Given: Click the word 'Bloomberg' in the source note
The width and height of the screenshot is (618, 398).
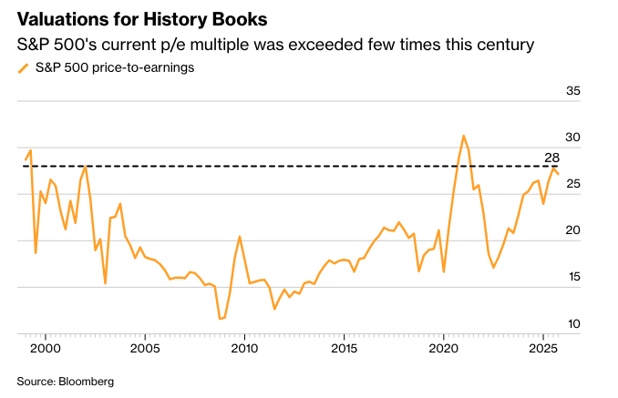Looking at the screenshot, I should (88, 382).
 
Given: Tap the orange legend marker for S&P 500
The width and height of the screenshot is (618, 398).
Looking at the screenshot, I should (24, 67).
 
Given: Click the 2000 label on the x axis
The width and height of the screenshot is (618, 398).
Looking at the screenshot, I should (46, 349).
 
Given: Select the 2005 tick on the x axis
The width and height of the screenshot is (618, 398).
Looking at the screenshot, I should (145, 349).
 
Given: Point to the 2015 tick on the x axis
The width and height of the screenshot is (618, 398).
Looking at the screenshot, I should (344, 349).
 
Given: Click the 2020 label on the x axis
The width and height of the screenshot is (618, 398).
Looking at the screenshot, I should (444, 349).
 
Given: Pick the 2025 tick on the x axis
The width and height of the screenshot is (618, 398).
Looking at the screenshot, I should (543, 349).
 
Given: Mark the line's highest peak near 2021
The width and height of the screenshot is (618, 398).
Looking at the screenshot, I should (464, 136).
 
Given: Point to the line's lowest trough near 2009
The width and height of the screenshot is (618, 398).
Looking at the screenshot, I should (221, 319).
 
